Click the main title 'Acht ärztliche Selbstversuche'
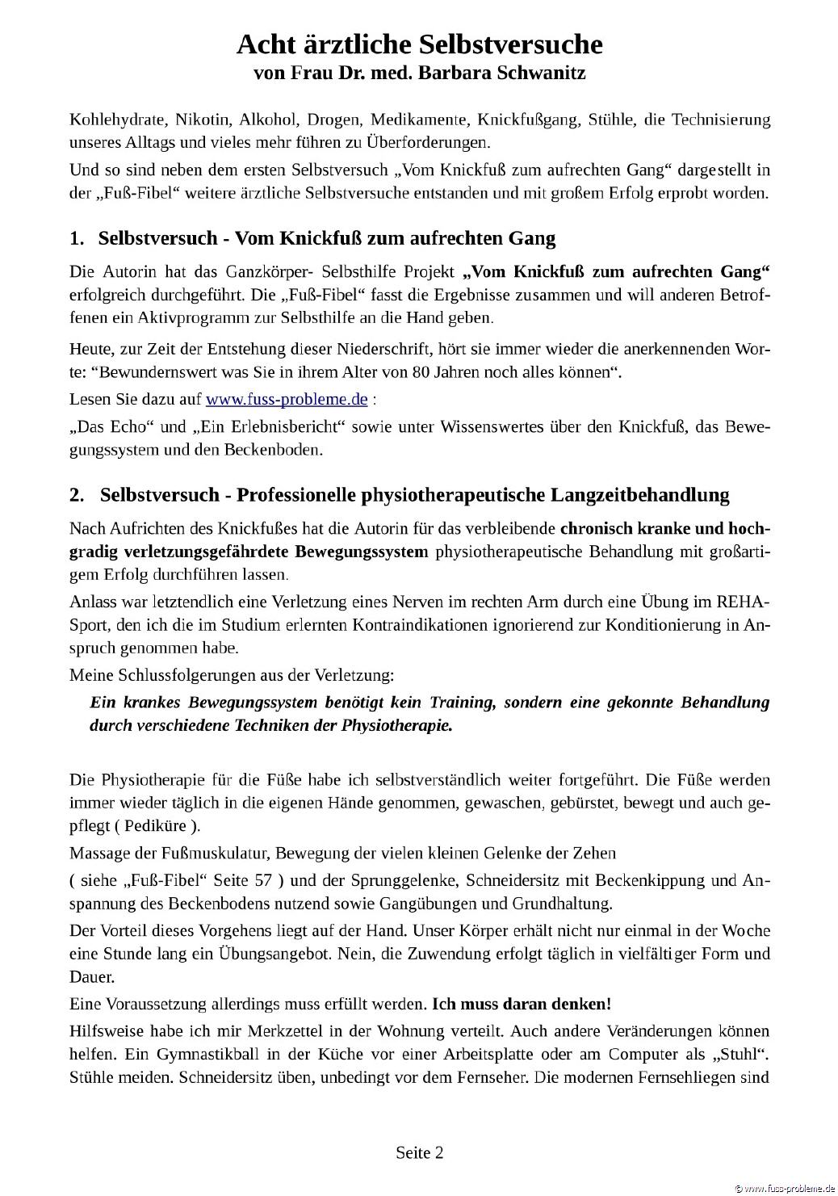[419, 44]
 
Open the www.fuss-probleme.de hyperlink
[287, 399]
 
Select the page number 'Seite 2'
[419, 1152]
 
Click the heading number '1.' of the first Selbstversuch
[77, 238]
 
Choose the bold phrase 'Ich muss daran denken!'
[522, 1005]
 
